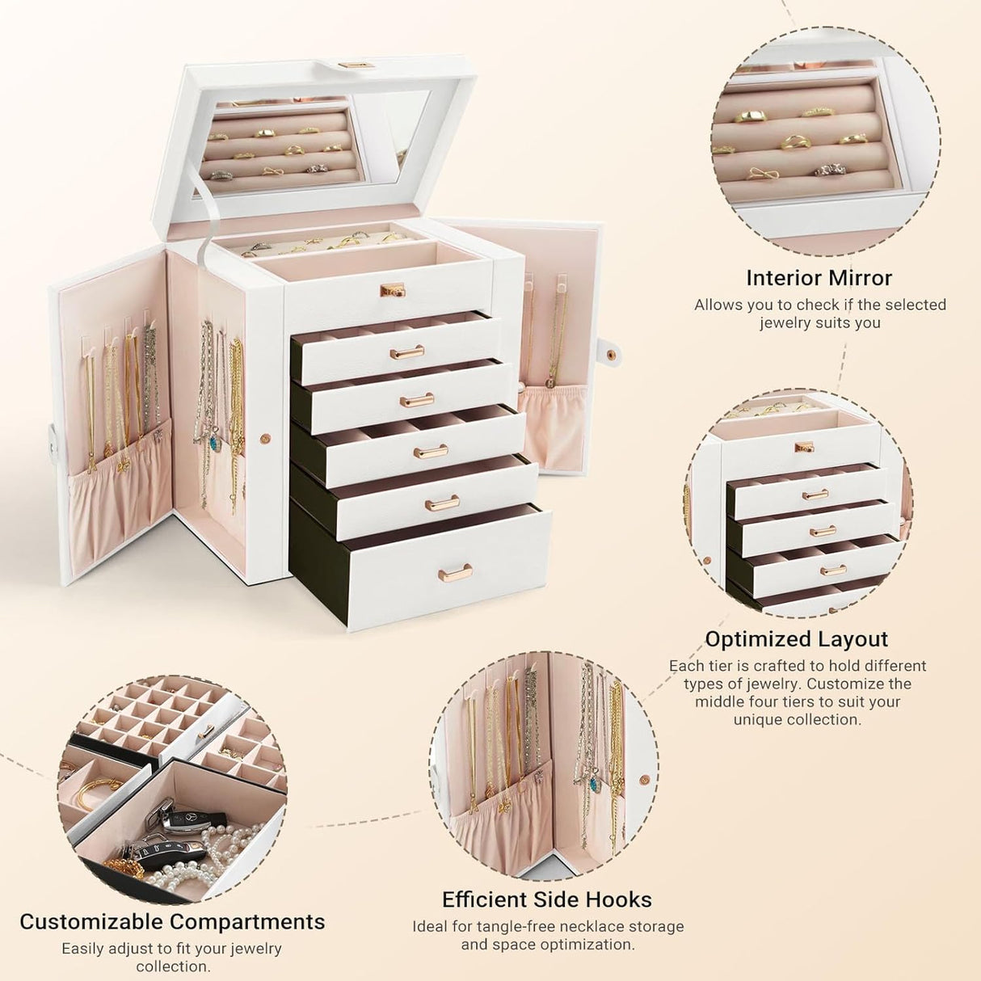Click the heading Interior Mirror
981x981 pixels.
[819, 278]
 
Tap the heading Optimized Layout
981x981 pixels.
[796, 639]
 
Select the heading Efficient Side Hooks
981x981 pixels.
[546, 899]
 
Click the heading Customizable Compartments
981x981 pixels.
[172, 922]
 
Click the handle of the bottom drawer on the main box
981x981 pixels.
[450, 574]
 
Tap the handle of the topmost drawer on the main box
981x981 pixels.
[406, 352]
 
